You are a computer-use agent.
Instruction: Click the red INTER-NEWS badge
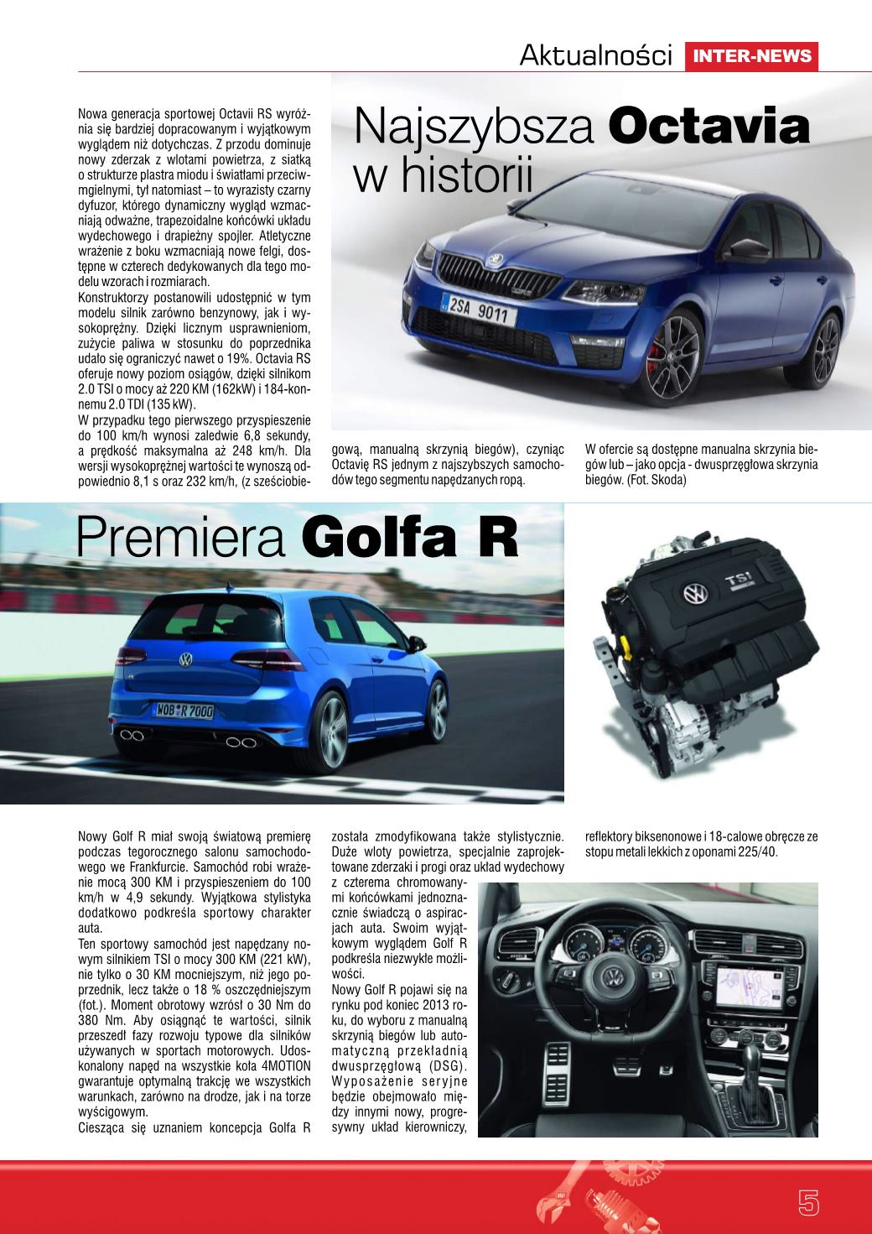pos(751,56)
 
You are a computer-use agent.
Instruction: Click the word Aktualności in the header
pos(596,56)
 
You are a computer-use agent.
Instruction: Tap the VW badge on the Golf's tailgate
pos(184,660)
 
